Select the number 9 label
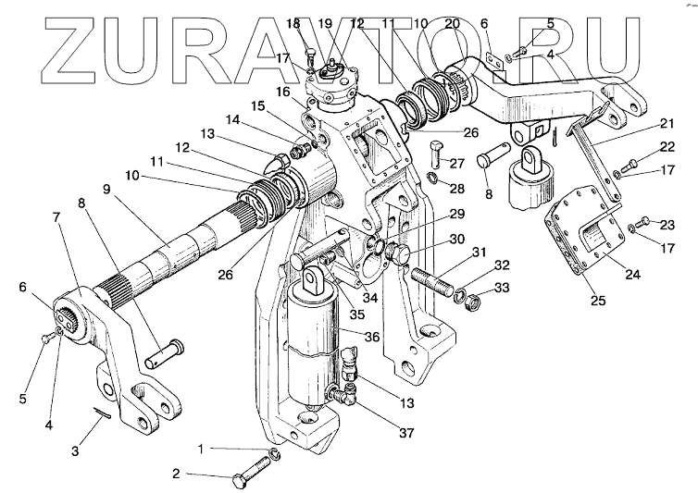pyautogui.click(x=106, y=189)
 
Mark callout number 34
pyautogui.click(x=344, y=297)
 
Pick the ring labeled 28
pyautogui.click(x=432, y=177)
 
